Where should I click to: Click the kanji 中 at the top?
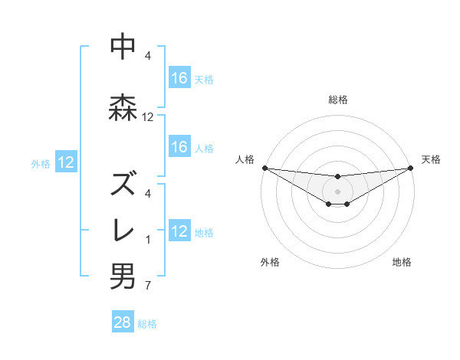123,47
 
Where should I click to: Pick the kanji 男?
123,277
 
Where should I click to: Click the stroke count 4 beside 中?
148,56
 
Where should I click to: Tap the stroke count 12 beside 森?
148,117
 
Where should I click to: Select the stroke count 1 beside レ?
148,240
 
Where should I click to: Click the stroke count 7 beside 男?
148,286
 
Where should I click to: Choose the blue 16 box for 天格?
179,78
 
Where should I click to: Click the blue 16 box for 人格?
179,147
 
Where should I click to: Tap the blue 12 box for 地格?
179,231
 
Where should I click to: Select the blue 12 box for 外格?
66,162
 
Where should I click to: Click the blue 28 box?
123,322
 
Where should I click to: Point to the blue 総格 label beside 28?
147,324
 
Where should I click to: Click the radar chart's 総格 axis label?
337,100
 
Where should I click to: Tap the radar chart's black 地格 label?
402,262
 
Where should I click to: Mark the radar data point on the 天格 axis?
410,168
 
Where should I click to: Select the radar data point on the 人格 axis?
264,168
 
